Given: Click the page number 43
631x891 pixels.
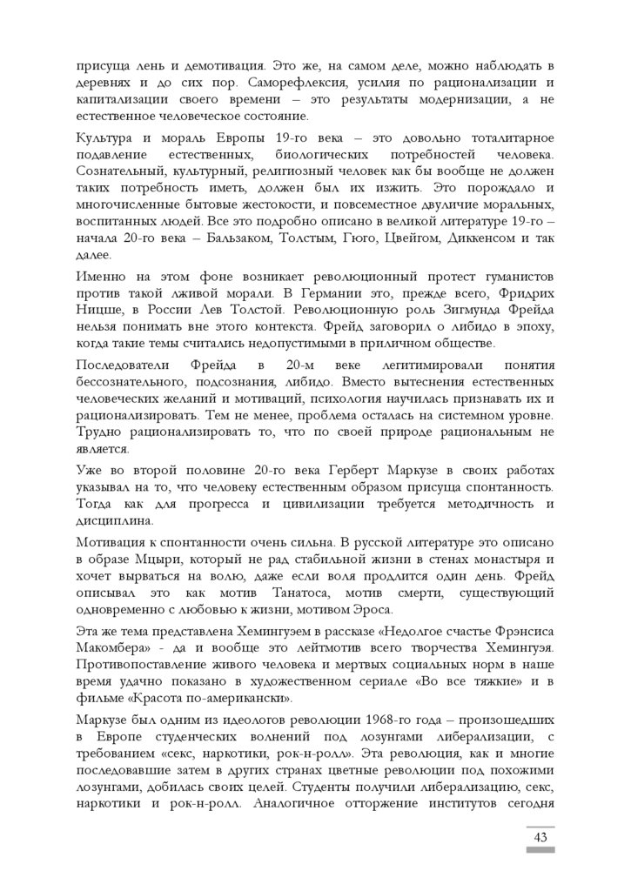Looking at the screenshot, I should [540, 838].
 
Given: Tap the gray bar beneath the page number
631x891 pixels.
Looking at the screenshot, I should [540, 851].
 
